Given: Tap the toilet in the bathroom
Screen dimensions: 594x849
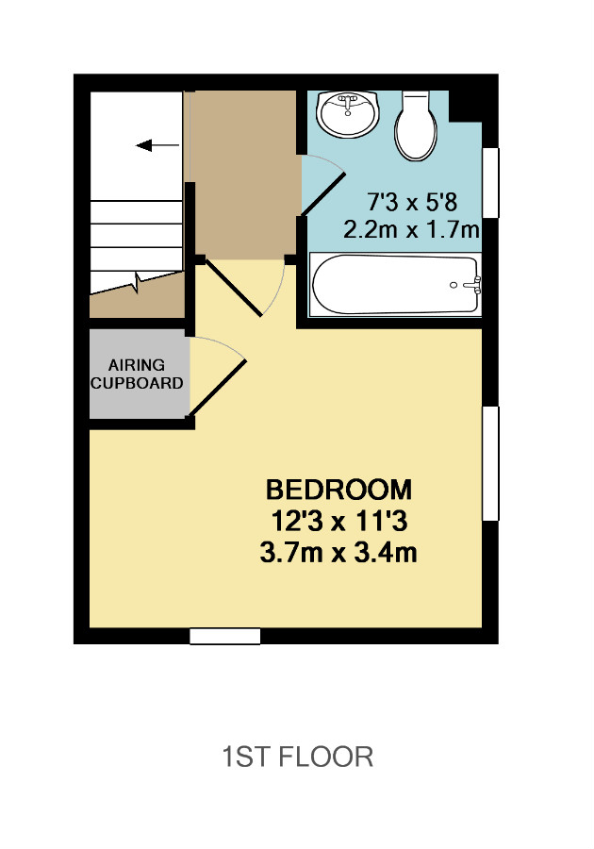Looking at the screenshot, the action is (x=416, y=125).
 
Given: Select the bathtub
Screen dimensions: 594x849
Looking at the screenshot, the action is (x=395, y=285).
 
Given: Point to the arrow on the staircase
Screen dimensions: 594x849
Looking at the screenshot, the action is (x=157, y=145).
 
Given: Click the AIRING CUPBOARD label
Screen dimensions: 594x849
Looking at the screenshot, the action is (x=137, y=375).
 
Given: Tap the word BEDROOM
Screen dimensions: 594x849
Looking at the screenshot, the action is (x=338, y=490).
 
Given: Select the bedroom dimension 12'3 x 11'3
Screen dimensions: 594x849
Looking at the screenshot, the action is (x=338, y=522).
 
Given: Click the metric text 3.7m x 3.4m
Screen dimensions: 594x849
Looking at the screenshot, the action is (x=338, y=554).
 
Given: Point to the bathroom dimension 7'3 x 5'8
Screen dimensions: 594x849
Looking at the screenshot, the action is (x=412, y=203).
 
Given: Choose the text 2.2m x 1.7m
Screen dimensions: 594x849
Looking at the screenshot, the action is (x=412, y=230).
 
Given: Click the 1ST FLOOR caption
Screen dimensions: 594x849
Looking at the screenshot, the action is (x=298, y=757).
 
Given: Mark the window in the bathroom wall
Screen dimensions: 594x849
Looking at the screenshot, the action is (x=490, y=182).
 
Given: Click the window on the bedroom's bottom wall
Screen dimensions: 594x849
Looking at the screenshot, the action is (x=225, y=636).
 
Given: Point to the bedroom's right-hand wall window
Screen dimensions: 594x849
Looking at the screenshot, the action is (x=490, y=463).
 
